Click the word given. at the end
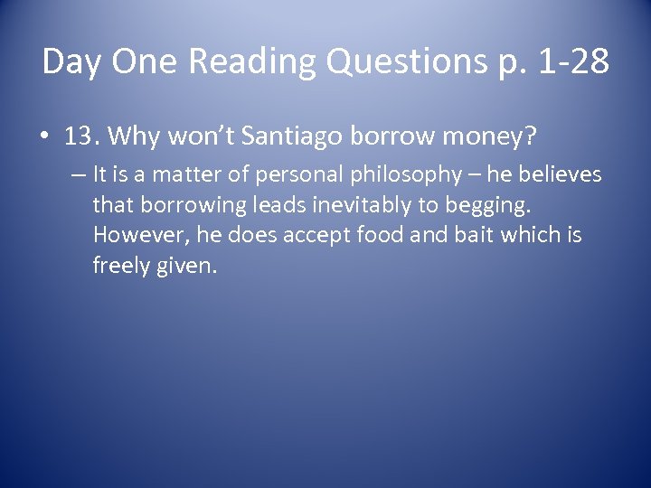[x=188, y=265]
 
